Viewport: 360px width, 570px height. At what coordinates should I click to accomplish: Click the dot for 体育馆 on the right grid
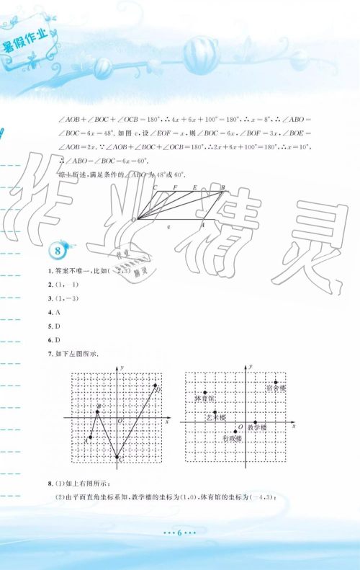pyautogui.click(x=205, y=392)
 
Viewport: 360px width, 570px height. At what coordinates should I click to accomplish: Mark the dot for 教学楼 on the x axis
pyautogui.click(x=256, y=422)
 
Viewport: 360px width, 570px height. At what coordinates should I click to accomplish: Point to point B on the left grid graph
pyautogui.click(x=99, y=411)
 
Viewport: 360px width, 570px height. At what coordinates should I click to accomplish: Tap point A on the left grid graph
pyautogui.click(x=90, y=437)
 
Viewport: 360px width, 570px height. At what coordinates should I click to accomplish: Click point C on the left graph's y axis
pyautogui.click(x=117, y=456)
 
